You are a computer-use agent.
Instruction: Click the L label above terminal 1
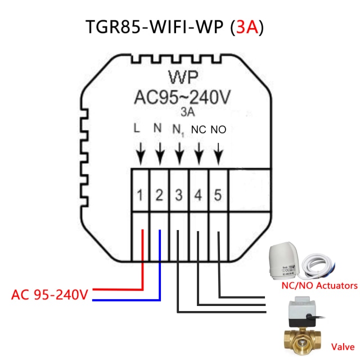click(137, 129)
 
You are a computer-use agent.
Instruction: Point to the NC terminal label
click(199, 130)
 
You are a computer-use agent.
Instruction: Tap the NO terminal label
click(218, 130)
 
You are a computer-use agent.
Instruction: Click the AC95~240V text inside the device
click(182, 97)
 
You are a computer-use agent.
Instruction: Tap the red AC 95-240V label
click(50, 295)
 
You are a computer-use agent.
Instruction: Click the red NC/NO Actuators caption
click(318, 286)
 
